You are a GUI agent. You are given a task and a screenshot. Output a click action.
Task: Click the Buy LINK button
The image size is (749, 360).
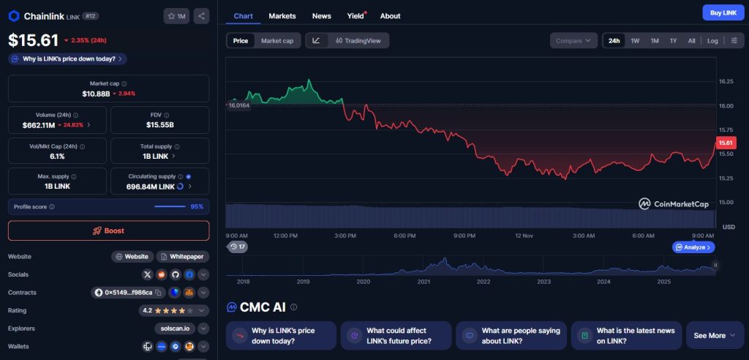pyautogui.click(x=723, y=12)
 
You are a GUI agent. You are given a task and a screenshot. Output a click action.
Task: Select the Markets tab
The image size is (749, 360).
pyautogui.click(x=282, y=15)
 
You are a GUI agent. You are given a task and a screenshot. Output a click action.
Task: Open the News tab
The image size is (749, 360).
pyautogui.click(x=321, y=15)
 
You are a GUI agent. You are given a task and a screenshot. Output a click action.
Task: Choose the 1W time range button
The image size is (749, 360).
pyautogui.click(x=635, y=41)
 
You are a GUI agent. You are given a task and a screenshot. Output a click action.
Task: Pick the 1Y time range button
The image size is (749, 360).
pyautogui.click(x=673, y=41)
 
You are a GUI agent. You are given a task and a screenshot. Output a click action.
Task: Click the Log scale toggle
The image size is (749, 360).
pyautogui.click(x=712, y=41)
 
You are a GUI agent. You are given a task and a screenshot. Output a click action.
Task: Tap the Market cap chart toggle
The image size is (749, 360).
pyautogui.click(x=277, y=41)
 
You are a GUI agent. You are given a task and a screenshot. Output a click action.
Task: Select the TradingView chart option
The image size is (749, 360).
pyautogui.click(x=358, y=41)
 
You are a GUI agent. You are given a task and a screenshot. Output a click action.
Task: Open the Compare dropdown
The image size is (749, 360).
pyautogui.click(x=573, y=41)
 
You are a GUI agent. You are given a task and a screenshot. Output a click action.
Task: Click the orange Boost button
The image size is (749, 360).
pyautogui.click(x=108, y=230)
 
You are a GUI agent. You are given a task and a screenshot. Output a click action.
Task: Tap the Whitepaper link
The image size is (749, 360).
pyautogui.click(x=183, y=257)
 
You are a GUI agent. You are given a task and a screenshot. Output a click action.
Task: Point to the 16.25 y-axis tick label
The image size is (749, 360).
pyautogui.click(x=726, y=81)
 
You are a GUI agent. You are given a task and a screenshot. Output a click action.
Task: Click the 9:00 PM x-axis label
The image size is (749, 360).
pyautogui.click(x=465, y=236)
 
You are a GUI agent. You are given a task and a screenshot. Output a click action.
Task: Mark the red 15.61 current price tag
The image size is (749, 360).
pyautogui.click(x=726, y=143)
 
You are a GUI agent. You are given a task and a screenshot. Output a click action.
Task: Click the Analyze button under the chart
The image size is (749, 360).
pyautogui.click(x=693, y=247)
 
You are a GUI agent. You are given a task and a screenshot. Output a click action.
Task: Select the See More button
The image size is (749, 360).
pyautogui.click(x=714, y=336)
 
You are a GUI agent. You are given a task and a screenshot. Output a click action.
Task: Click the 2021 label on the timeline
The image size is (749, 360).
pyautogui.click(x=424, y=281)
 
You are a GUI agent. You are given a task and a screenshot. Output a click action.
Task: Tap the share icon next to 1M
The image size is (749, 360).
pyautogui.click(x=201, y=15)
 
